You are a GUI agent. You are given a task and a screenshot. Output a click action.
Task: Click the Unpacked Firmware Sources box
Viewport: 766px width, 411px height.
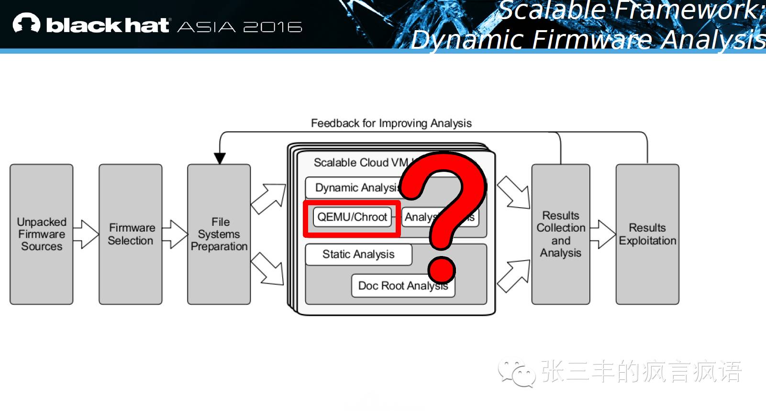tap(42, 234)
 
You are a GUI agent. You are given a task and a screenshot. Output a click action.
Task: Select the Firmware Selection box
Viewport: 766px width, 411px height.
tap(131, 234)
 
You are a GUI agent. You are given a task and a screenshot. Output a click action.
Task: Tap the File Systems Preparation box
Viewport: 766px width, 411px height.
tap(219, 234)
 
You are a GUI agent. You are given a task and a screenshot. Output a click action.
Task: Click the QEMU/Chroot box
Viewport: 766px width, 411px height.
tap(352, 217)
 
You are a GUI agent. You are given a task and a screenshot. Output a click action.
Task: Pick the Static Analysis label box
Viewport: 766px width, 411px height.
tap(358, 255)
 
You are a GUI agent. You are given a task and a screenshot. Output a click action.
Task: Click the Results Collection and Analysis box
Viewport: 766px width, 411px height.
tap(561, 234)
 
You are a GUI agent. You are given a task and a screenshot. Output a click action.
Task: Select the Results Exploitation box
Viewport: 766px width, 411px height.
tap(647, 234)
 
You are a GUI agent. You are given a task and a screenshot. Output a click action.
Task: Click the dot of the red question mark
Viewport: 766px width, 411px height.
tap(442, 269)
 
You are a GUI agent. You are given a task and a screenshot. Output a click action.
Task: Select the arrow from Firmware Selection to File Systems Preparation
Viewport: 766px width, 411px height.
tap(175, 234)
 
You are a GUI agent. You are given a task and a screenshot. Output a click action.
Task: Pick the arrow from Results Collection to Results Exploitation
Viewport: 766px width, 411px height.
tap(603, 234)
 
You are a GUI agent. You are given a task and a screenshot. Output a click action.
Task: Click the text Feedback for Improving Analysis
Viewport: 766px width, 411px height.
tap(391, 123)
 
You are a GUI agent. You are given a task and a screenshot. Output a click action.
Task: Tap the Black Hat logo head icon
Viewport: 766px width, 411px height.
tap(26, 23)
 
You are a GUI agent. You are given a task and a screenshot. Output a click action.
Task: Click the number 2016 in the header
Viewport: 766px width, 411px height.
tap(273, 27)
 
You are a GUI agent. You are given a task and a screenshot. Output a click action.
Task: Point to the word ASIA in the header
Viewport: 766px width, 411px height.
tap(207, 27)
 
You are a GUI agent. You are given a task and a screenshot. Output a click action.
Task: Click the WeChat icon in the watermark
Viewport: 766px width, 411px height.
tap(516, 373)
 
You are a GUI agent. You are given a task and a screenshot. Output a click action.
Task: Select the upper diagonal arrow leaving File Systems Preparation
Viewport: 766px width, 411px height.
tap(268, 198)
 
